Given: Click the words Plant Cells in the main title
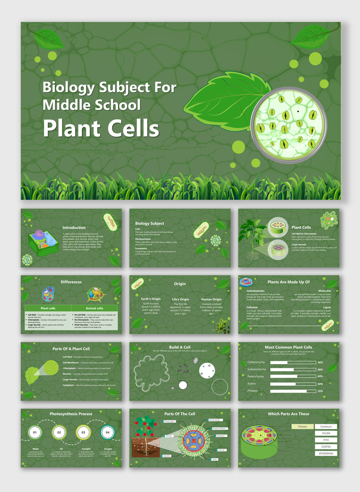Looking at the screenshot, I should (x=100, y=129).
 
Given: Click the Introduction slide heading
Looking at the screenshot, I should (x=74, y=227).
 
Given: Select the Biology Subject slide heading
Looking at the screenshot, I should (x=149, y=223).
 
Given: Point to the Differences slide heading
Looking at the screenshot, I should (x=71, y=282).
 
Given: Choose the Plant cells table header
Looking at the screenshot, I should (x=48, y=308).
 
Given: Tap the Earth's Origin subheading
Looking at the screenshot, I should (x=150, y=299).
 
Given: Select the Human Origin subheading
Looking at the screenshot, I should (x=211, y=299).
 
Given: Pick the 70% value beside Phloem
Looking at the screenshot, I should (x=320, y=391).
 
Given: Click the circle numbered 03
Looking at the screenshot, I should (x=83, y=432).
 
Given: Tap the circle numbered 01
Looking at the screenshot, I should (x=35, y=432).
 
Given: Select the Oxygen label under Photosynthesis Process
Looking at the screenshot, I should (x=107, y=449).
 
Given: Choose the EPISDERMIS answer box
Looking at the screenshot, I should (x=326, y=453).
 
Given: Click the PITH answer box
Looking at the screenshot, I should (x=326, y=440).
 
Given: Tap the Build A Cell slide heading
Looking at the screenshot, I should (x=180, y=347).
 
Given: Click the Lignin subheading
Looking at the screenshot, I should (x=327, y=308).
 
